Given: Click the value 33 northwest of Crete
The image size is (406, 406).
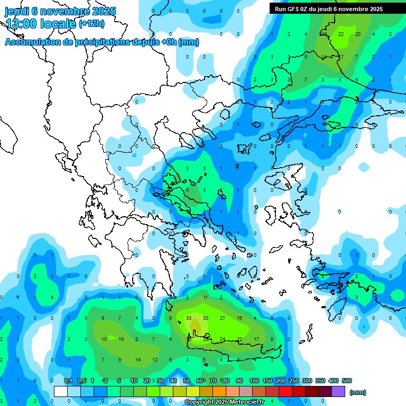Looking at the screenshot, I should point(189,318).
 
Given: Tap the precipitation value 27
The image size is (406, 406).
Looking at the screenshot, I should point(223,318).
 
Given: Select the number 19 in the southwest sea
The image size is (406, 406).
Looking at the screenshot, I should point(121,339).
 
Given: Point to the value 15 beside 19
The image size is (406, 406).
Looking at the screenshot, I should point(104,339).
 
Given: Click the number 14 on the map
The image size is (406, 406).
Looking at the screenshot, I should point(138,359).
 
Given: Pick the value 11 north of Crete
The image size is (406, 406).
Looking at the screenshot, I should point(206,298).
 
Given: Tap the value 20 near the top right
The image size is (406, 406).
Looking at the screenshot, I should point(358,34).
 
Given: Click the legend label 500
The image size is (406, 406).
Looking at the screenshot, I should point(347,381).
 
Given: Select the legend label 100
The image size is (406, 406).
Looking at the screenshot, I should point(254,381).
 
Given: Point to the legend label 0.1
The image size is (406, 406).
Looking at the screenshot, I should point(68,381).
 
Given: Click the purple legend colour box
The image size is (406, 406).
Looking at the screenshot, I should point(338,391).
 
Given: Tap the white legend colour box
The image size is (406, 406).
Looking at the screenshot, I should point(61,391).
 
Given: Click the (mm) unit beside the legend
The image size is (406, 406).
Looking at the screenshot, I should point(358,392).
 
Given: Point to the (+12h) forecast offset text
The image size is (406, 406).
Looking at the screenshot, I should point(91,24).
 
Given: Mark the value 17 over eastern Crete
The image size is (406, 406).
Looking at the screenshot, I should point(256,339).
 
